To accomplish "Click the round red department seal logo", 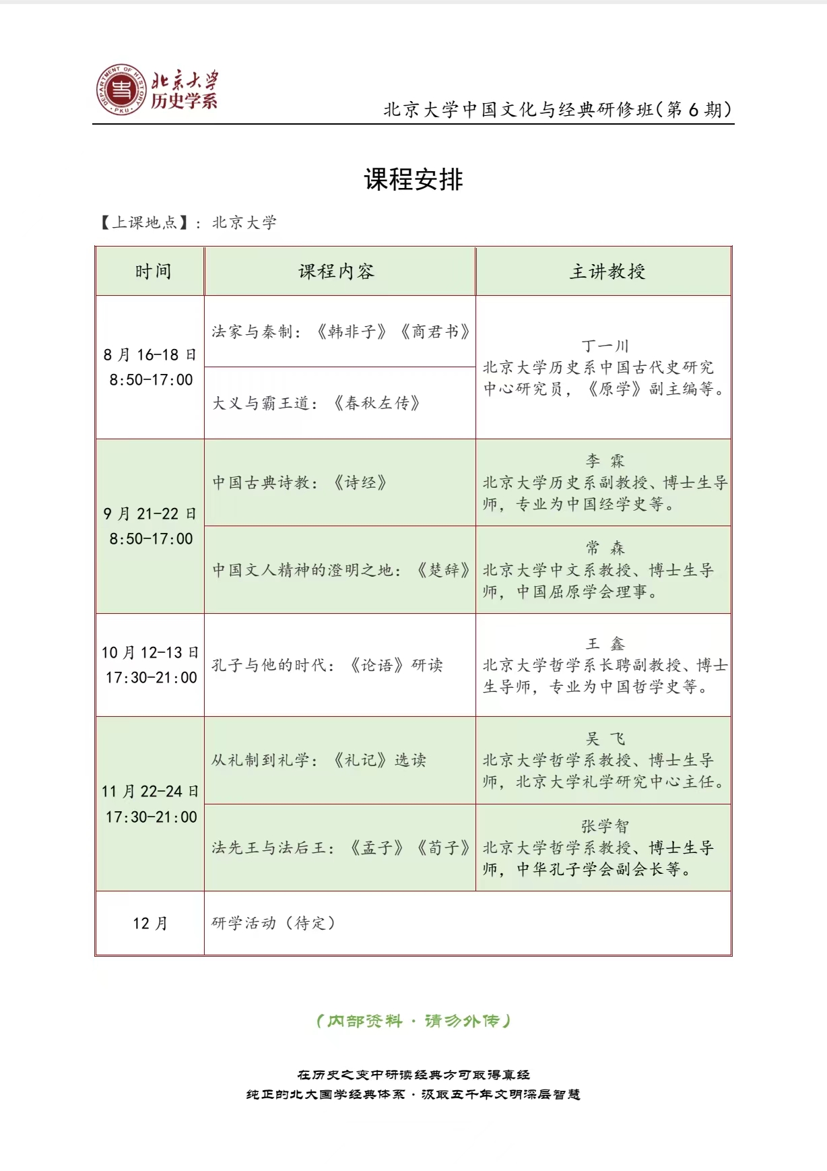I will point(121,90).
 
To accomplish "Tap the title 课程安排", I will point(413,180).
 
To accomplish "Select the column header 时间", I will point(153,272).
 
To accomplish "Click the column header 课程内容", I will point(336,272).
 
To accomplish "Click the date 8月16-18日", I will point(150,354).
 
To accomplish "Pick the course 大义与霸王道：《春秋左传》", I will point(317,404).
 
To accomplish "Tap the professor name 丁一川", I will point(605,346).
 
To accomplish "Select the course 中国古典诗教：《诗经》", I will point(300,482).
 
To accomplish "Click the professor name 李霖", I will point(605,461).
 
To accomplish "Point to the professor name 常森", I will point(605,548).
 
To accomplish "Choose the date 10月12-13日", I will point(150,652).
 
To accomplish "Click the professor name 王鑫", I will point(605,644).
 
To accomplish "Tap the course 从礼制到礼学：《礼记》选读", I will point(319,760).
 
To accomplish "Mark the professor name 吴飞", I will point(605,739).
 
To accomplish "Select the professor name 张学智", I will point(605,826).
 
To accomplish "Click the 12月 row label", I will point(150,923).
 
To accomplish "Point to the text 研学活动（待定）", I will point(273,923).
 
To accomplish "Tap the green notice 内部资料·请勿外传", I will point(413,1021).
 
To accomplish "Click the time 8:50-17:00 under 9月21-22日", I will point(151,539).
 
